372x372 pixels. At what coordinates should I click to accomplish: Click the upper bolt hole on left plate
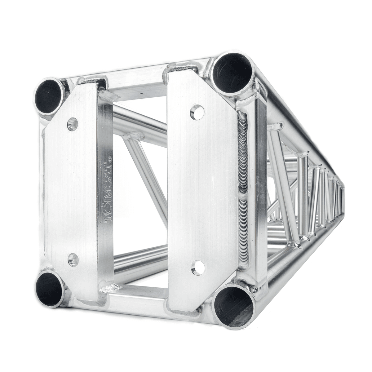tap(73, 124)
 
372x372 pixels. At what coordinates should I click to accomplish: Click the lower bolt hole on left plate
tap(73, 259)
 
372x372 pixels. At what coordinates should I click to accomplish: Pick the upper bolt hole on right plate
tap(197, 112)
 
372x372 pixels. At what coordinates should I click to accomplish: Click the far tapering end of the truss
tap(343, 198)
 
